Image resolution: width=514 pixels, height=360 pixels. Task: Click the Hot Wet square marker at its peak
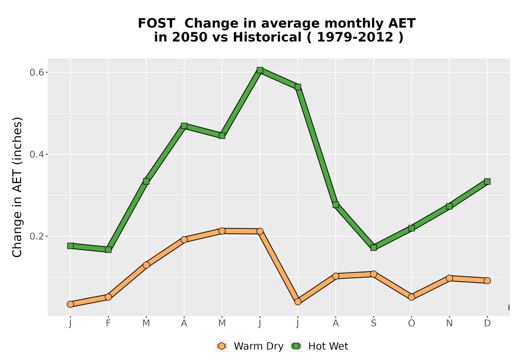pyautogui.click(x=260, y=70)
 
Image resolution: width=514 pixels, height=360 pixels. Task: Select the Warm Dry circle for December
pyautogui.click(x=487, y=281)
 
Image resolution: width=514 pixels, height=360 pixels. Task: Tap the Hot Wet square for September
pyautogui.click(x=374, y=247)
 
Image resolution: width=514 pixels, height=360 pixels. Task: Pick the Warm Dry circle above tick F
pyautogui.click(x=108, y=297)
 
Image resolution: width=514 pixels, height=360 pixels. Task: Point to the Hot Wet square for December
pyautogui.click(x=487, y=182)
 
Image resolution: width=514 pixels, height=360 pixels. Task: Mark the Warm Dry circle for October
pyautogui.click(x=411, y=297)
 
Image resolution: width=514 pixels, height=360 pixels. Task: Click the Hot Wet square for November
pyautogui.click(x=449, y=206)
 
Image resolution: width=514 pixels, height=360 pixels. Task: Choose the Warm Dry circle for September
pyautogui.click(x=374, y=274)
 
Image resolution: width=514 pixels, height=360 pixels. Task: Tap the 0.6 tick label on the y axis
pyautogui.click(x=36, y=73)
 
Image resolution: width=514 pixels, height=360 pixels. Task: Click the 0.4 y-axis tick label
pyautogui.click(x=36, y=154)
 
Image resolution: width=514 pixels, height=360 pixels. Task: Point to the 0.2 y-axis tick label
pyautogui.click(x=36, y=237)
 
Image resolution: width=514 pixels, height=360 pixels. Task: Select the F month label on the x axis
pyautogui.click(x=108, y=323)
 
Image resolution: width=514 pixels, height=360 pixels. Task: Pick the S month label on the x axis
pyautogui.click(x=374, y=323)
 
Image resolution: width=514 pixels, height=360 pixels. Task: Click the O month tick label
pyautogui.click(x=411, y=323)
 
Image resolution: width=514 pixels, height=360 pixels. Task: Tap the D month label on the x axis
pyautogui.click(x=487, y=323)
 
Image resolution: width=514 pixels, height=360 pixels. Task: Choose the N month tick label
pyautogui.click(x=449, y=323)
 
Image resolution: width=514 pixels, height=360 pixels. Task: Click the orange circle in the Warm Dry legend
pyautogui.click(x=222, y=346)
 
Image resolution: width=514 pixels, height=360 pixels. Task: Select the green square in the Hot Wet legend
pyautogui.click(x=297, y=346)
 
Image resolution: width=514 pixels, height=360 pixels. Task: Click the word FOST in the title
pyautogui.click(x=156, y=24)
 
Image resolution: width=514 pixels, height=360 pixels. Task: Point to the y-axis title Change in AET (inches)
pyautogui.click(x=17, y=187)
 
